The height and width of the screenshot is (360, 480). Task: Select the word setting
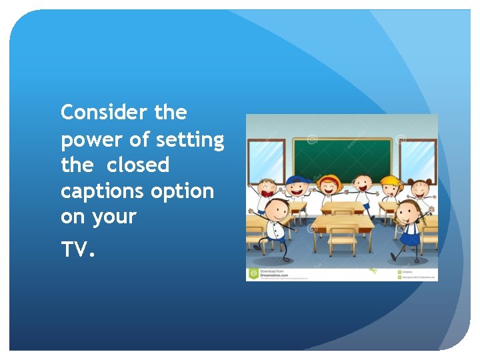(191, 141)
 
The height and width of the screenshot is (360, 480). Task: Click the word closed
(138, 165)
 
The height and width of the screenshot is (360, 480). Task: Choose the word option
(182, 191)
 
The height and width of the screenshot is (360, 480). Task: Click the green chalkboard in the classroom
(341, 160)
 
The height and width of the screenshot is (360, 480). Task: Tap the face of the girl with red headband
(329, 184)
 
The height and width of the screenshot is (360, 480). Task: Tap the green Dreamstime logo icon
(253, 273)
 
